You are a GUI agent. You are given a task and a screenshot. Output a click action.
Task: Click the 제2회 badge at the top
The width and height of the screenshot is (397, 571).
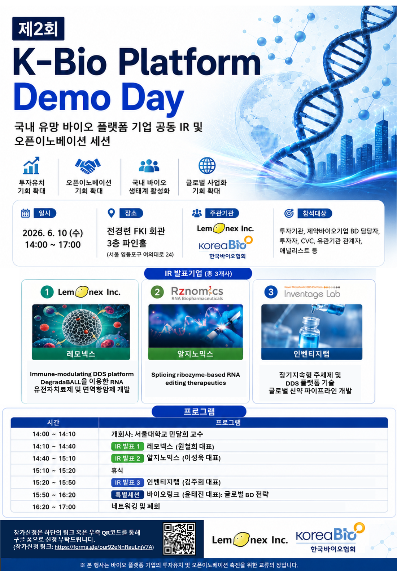(38, 28)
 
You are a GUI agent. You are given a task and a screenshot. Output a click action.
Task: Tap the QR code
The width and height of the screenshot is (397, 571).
(179, 539)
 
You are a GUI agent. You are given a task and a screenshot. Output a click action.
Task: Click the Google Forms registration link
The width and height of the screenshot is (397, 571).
(104, 547)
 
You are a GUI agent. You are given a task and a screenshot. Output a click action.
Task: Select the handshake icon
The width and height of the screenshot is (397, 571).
(88, 166)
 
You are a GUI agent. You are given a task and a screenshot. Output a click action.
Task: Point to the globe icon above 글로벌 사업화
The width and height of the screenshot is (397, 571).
(207, 165)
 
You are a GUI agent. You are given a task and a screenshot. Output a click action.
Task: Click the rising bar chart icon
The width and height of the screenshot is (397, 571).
(31, 165)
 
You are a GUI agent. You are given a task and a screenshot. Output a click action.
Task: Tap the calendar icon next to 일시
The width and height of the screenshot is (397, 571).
(25, 213)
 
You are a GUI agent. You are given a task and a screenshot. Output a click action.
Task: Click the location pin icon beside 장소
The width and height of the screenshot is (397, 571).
(111, 213)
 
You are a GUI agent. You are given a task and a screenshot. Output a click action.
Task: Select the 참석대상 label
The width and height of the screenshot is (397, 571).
(315, 213)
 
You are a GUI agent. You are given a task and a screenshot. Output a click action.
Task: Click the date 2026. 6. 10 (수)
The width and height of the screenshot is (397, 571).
(53, 233)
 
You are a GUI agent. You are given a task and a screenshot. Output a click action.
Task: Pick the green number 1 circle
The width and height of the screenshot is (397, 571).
(47, 292)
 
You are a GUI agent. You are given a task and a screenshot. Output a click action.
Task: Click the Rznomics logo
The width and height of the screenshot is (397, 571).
(197, 293)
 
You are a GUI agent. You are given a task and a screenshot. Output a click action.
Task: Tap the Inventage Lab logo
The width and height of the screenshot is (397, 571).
(312, 292)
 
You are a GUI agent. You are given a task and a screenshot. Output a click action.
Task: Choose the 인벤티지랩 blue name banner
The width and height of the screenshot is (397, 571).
(311, 354)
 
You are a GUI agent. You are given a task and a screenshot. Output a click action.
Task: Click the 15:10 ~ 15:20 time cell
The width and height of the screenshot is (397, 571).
(54, 470)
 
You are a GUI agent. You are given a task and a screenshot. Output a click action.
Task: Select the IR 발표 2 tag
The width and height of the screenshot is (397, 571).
(127, 458)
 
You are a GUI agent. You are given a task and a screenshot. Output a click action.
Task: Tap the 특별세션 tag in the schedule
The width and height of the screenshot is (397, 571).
(127, 495)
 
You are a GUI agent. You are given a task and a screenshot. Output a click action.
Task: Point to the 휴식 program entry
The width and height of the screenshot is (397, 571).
(117, 470)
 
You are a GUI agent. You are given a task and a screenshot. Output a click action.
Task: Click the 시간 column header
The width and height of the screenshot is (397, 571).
(53, 422)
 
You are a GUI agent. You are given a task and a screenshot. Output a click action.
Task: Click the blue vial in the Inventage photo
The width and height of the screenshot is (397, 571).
(310, 331)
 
